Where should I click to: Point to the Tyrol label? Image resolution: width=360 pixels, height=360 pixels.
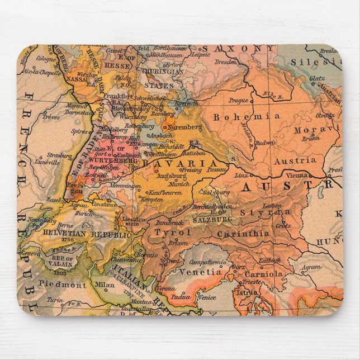[173, 232]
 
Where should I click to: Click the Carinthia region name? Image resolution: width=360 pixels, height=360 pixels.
[243, 234]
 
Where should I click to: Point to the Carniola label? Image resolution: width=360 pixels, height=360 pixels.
[263, 274]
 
